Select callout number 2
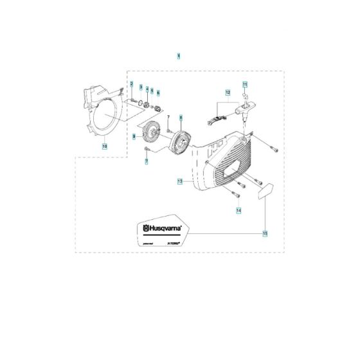point(130,85)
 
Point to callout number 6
point(158,93)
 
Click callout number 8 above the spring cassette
point(181,118)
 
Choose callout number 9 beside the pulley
point(135,136)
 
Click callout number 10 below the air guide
point(104,146)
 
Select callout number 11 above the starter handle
point(244,84)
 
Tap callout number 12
point(226,93)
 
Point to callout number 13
point(180,183)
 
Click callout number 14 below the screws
point(238,210)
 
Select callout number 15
point(265,233)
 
